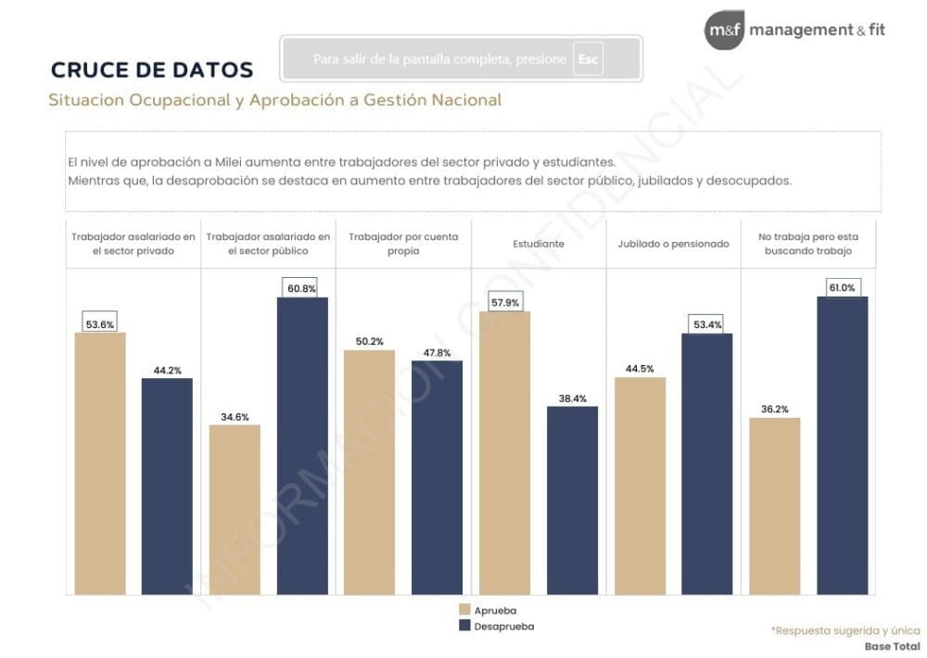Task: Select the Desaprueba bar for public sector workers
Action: [x=302, y=445]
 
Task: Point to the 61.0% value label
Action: [x=842, y=287]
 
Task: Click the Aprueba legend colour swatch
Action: [x=465, y=610]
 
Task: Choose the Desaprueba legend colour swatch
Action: [x=465, y=626]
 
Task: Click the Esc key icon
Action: [x=588, y=58]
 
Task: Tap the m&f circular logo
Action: [x=724, y=31]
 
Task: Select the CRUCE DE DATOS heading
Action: [x=152, y=70]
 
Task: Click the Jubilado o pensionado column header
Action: [x=674, y=244]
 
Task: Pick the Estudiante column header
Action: [x=539, y=244]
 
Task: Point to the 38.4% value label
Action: [x=572, y=399]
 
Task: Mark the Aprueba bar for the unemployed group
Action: [x=774, y=505]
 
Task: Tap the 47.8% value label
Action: [x=437, y=352]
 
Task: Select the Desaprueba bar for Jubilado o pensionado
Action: [x=706, y=463]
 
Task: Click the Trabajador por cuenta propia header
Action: [x=403, y=244]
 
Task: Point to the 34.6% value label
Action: [x=235, y=417]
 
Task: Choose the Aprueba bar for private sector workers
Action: [x=100, y=462]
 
